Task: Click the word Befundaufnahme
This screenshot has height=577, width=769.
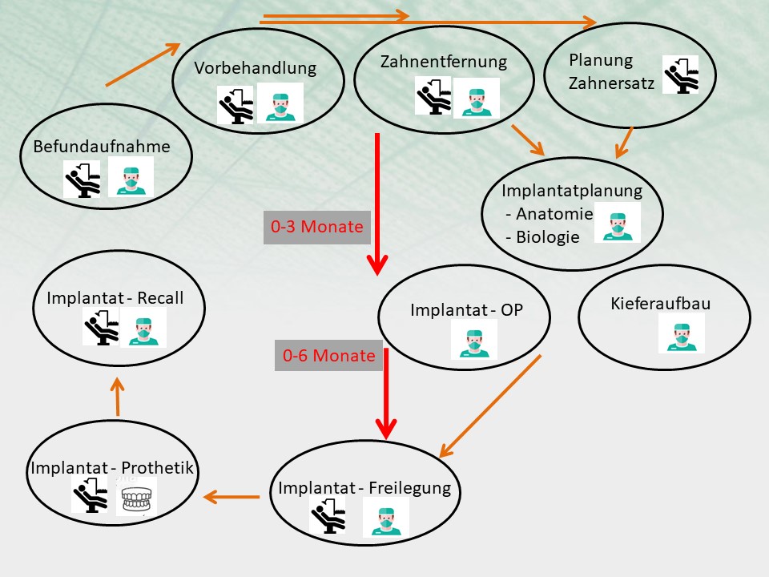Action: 102,147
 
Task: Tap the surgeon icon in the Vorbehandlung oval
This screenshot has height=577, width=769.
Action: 280,104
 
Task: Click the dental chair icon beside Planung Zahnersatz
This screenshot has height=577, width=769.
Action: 680,75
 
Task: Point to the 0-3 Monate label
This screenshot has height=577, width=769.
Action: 317,227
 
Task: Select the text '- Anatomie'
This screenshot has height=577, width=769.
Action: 550,214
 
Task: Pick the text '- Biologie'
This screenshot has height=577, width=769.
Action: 543,237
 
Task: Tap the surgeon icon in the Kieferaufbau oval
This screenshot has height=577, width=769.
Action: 682,333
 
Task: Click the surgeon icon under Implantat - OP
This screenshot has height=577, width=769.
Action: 473,339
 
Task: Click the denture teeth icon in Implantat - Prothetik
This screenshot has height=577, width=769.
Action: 138,498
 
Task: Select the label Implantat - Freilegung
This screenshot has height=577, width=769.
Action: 364,488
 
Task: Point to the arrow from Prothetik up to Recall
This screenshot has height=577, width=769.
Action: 117,397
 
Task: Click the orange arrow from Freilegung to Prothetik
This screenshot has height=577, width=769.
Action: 232,498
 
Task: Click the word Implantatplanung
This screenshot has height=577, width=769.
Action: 572,191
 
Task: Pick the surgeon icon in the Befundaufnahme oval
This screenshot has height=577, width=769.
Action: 131,178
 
